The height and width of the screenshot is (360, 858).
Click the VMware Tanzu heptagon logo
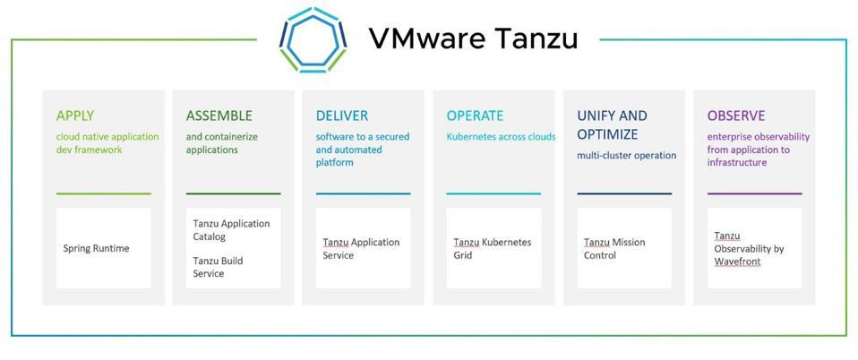point(313,39)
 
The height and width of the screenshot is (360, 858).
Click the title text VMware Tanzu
point(473,39)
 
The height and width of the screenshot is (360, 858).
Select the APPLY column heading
point(75,116)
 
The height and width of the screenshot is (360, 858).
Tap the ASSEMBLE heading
point(219,116)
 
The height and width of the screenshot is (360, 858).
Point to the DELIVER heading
point(342,116)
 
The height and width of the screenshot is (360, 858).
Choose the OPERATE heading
point(475,116)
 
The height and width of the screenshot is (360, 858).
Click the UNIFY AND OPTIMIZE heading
point(612,124)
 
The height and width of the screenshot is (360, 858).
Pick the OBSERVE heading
point(736,116)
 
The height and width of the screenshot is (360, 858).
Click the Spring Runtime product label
point(97,248)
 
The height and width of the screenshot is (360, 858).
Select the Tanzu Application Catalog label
point(231,230)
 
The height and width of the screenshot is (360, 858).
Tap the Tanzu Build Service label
point(218,267)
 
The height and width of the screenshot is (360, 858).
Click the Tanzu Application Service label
point(361,248)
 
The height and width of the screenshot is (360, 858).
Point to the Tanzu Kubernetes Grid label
point(493,248)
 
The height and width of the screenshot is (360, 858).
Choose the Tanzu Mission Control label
point(614,248)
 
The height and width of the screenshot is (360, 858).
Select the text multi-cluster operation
point(627,156)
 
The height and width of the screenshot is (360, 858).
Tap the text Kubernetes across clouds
point(502,137)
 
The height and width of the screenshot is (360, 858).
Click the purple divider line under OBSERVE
point(755,193)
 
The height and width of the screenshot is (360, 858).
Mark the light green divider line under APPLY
point(103,193)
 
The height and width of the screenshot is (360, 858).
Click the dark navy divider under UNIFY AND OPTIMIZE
point(624,193)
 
